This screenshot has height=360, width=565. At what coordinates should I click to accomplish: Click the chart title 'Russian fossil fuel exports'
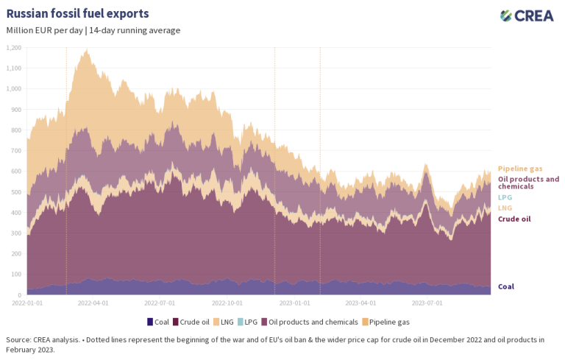77,14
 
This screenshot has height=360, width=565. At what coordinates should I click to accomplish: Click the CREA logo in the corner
527,15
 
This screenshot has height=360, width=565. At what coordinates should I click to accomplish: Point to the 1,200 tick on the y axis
13,47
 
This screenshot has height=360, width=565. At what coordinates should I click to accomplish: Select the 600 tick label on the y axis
15,171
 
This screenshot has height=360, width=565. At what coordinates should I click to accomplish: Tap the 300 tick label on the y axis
15,233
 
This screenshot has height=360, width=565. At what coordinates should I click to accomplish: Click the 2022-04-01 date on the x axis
93,302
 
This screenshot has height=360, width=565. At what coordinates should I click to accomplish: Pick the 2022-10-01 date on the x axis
227,302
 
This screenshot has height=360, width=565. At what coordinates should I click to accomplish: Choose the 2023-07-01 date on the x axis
427,302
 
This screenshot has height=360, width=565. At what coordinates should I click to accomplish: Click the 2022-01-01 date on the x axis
27,302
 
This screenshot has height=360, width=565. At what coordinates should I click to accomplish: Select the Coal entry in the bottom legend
161,322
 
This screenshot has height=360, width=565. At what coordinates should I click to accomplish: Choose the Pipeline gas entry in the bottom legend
388,322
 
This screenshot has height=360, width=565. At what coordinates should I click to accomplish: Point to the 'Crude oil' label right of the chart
514,219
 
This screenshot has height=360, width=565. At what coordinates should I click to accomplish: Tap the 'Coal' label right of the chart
506,286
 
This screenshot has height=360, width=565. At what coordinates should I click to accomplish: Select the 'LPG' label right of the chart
505,197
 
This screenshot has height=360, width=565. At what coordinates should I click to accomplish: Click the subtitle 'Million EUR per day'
44,30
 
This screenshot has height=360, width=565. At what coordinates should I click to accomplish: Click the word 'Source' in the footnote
18,339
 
